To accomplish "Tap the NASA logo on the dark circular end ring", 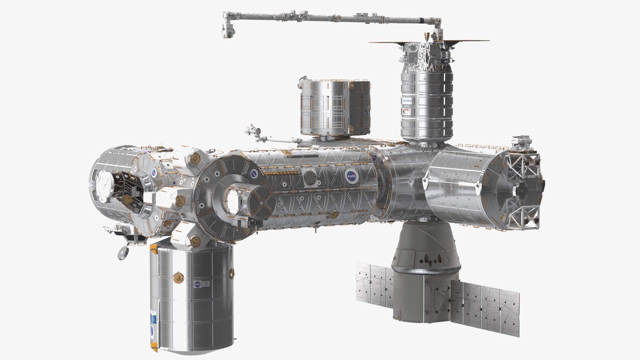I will pyautogui.click(x=254, y=174).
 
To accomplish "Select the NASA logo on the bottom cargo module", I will pyautogui.click(x=197, y=284).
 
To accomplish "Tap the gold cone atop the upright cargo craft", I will pyautogui.click(x=426, y=36).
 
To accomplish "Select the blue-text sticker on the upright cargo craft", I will pyautogui.click(x=408, y=100).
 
